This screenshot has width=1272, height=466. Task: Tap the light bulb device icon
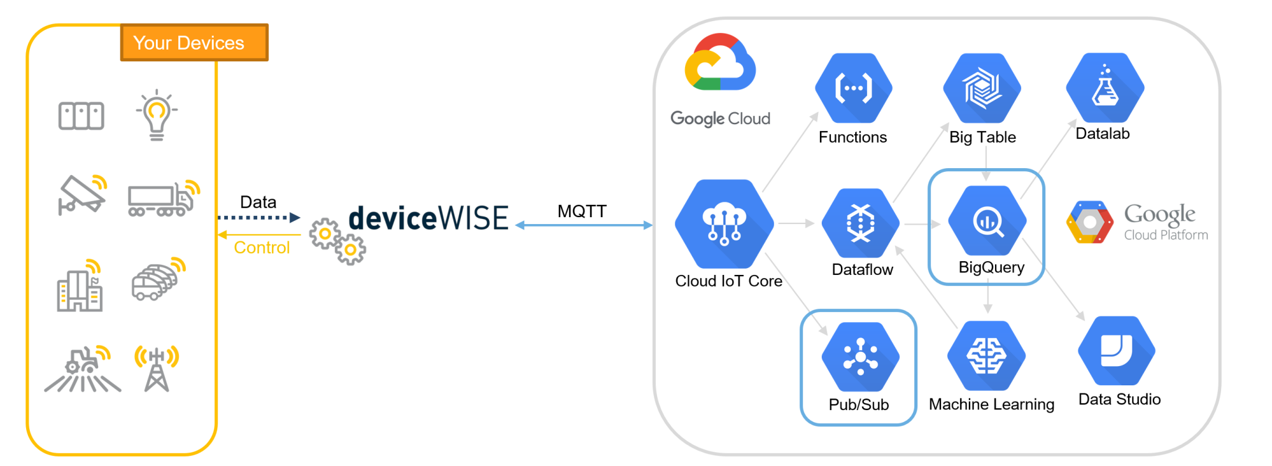(x=157, y=115)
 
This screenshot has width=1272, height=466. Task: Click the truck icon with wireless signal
(x=163, y=199)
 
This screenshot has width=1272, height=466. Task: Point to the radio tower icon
(x=157, y=369)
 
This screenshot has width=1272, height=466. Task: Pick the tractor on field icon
(x=83, y=370)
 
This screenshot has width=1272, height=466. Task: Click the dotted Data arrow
(x=258, y=217)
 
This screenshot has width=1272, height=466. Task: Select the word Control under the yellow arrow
(x=261, y=248)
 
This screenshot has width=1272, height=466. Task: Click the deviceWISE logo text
(x=429, y=218)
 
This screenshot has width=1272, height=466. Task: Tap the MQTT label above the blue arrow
(x=581, y=211)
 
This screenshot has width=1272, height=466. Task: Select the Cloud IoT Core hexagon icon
(x=724, y=224)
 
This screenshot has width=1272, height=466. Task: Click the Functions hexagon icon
(x=853, y=88)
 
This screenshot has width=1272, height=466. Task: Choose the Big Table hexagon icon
(x=982, y=88)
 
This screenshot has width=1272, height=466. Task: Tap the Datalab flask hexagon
(x=1105, y=87)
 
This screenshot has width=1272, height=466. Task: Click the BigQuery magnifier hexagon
(x=987, y=220)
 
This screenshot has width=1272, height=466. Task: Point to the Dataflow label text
(x=862, y=269)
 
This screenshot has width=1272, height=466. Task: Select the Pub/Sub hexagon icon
(x=860, y=357)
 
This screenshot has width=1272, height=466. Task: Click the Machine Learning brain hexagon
(x=986, y=356)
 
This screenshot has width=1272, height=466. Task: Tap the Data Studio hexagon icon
(x=1116, y=351)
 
